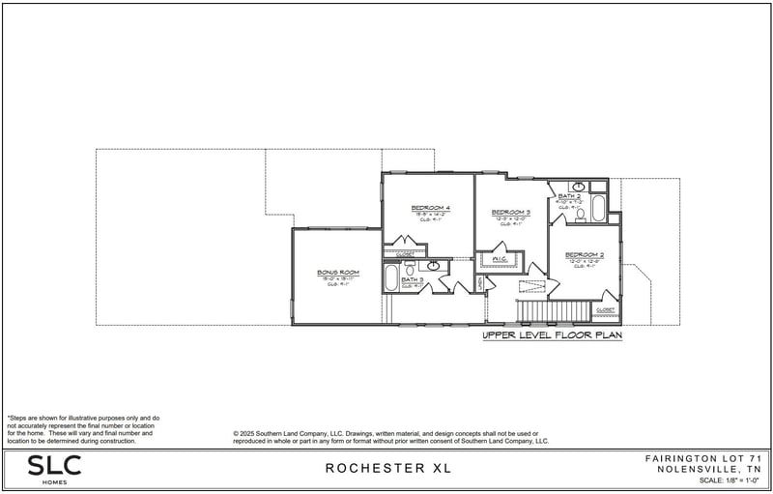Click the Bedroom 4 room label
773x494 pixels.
pyautogui.click(x=430, y=209)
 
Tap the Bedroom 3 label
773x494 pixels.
pyautogui.click(x=510, y=213)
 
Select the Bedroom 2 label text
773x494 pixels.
pyautogui.click(x=584, y=254)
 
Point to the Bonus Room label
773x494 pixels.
pyautogui.click(x=337, y=273)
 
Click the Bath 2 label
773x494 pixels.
pyautogui.click(x=569, y=196)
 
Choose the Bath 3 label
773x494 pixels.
pyautogui.click(x=413, y=280)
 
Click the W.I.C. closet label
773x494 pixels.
pyautogui.click(x=500, y=259)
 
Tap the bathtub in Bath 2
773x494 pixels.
pyautogui.click(x=598, y=209)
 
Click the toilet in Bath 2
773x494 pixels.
pyautogui.click(x=581, y=215)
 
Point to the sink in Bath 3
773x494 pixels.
pyautogui.click(x=433, y=265)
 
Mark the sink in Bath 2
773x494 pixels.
pyautogui.click(x=578, y=186)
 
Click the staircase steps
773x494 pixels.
pyautogui.click(x=555, y=310)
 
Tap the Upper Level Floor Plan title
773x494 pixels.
pyautogui.click(x=552, y=336)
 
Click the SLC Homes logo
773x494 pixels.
pyautogui.click(x=54, y=468)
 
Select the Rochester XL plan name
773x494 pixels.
pyautogui.click(x=387, y=469)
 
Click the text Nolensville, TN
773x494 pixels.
pyautogui.click(x=708, y=468)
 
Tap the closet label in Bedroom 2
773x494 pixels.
pyautogui.click(x=605, y=310)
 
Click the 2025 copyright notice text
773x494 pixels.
pyautogui.click(x=391, y=437)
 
